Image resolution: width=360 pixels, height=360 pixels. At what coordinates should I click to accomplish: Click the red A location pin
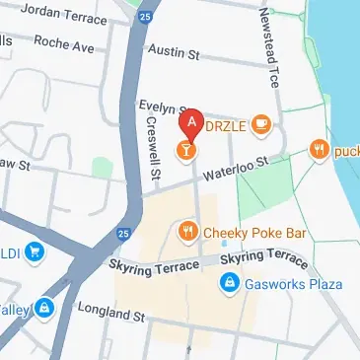click(x=192, y=124)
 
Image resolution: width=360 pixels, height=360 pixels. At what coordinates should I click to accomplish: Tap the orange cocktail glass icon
click(x=183, y=149)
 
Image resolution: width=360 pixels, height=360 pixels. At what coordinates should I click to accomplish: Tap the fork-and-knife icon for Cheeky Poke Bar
click(x=186, y=232)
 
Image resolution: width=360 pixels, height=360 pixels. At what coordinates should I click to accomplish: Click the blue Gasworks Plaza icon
click(x=228, y=284)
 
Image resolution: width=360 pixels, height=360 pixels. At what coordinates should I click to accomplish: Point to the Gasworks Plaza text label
click(x=293, y=284)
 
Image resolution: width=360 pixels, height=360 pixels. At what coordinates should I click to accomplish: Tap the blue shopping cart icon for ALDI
click(x=36, y=252)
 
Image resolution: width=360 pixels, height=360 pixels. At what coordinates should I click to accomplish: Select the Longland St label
click(x=110, y=315)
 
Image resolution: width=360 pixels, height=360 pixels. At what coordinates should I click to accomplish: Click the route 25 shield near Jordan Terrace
click(x=145, y=18)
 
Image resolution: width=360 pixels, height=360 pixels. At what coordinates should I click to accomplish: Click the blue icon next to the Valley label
click(x=44, y=309)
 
